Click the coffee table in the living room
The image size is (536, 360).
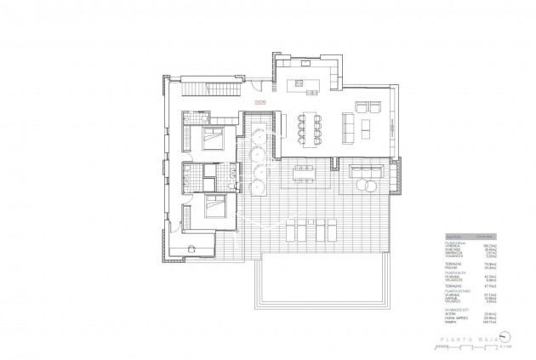click(x=365, y=128)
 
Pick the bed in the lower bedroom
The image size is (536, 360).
click(x=213, y=206)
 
